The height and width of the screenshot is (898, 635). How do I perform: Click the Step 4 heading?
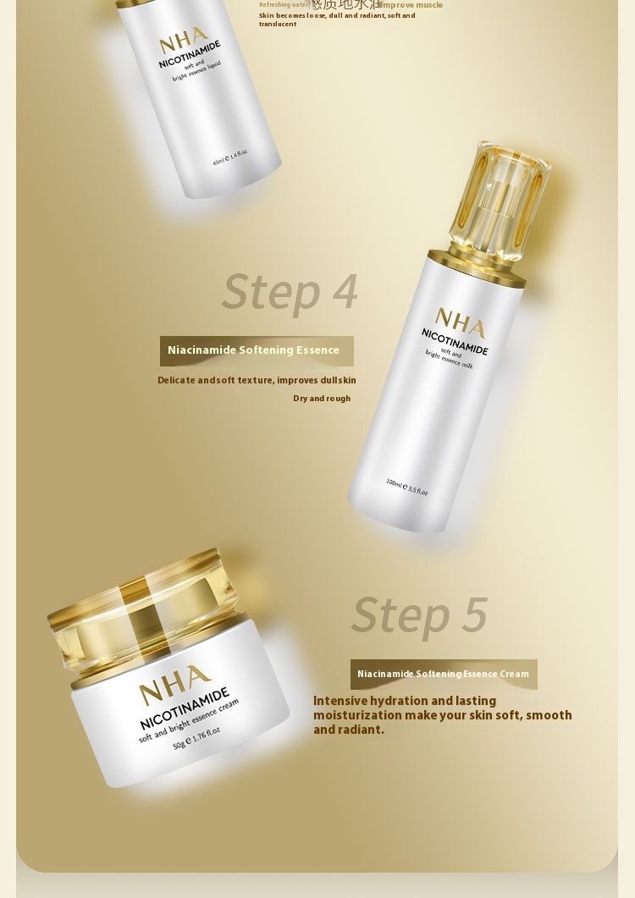click(x=290, y=291)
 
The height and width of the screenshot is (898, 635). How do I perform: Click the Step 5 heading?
click(x=419, y=614)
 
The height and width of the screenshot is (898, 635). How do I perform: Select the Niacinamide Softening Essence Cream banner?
click(x=443, y=674)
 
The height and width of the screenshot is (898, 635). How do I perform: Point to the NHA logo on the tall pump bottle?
click(x=460, y=323)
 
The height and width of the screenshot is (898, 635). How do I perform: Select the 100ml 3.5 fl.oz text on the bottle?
click(x=406, y=487)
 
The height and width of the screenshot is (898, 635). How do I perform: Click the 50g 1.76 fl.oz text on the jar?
click(x=196, y=738)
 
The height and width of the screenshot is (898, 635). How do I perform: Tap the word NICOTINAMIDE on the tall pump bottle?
click(x=455, y=341)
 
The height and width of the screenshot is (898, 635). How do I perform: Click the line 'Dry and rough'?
click(x=321, y=399)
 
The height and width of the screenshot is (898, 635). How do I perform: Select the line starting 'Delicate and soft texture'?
click(x=257, y=380)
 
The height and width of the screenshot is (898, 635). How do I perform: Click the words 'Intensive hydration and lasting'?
click(x=404, y=701)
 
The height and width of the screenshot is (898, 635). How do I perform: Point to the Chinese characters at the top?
click(x=345, y=5)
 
